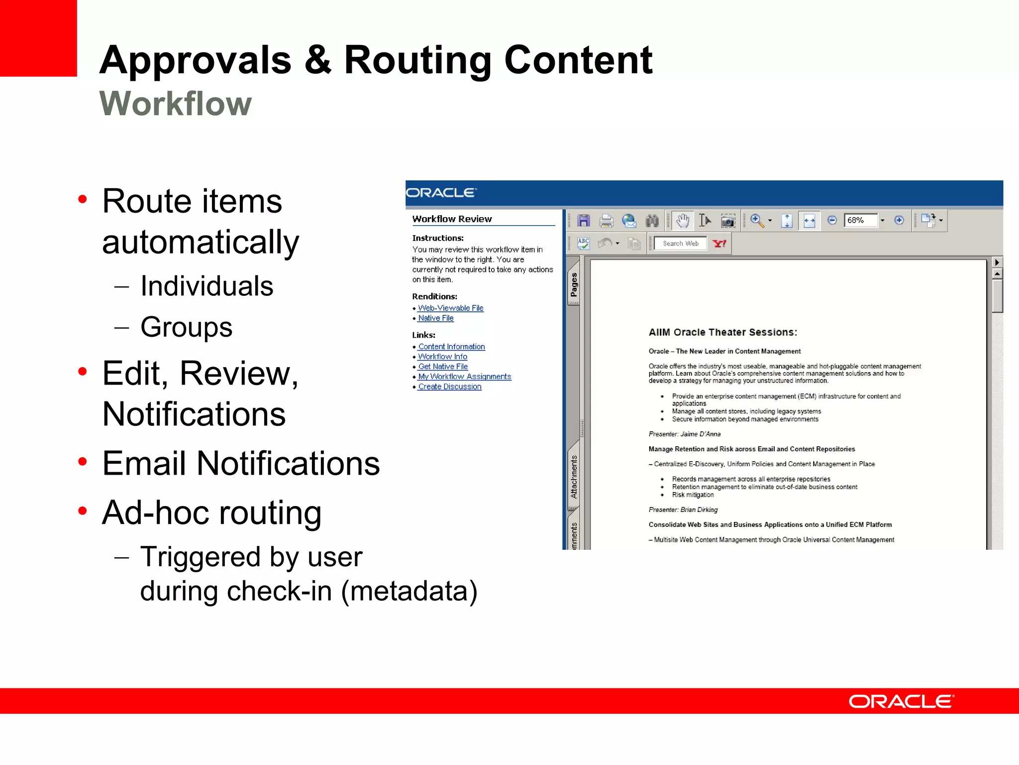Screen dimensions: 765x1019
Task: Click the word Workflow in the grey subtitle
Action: [x=176, y=104]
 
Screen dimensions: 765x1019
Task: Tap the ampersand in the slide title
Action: [x=317, y=60]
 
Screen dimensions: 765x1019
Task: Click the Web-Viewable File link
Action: [x=450, y=308]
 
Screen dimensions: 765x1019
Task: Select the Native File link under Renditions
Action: [x=436, y=318]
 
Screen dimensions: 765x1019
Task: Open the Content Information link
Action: [x=451, y=347]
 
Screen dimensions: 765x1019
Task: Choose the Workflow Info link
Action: [x=442, y=357]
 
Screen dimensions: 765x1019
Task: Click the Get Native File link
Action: [x=443, y=367]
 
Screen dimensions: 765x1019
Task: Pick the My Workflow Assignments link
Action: [x=464, y=377]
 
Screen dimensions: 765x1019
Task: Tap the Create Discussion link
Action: [x=450, y=386]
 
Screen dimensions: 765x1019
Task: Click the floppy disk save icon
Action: [x=584, y=220]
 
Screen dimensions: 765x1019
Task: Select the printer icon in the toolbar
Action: [x=606, y=220]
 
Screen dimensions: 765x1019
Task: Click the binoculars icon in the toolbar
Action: [x=652, y=220]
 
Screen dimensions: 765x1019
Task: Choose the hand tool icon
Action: [x=683, y=220]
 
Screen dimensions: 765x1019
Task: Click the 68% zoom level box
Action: [x=860, y=220]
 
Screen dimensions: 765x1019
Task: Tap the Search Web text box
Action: [x=680, y=244]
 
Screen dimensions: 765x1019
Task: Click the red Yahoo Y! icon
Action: [x=719, y=244]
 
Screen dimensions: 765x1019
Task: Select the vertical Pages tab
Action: [x=574, y=284]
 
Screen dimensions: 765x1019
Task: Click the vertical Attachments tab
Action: [x=574, y=477]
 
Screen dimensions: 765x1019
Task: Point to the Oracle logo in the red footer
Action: [x=901, y=702]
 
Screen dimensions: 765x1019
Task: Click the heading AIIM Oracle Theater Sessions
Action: [x=722, y=332]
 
